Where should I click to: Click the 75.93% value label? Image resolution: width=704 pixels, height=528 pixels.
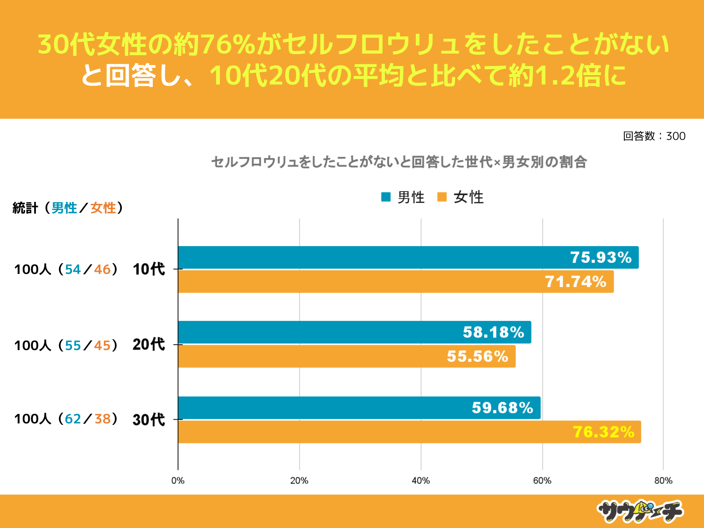click(601, 257)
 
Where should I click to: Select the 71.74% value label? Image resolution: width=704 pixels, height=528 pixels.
click(576, 282)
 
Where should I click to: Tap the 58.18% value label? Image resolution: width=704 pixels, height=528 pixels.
click(493, 332)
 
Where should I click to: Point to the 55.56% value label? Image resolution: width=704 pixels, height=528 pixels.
click(477, 356)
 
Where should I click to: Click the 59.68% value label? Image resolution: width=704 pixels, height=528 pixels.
click(503, 408)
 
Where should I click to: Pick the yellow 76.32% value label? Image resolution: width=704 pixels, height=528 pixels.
click(603, 432)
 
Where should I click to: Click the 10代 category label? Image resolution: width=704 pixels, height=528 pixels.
click(149, 269)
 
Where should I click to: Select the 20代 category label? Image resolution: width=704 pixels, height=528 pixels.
click(149, 345)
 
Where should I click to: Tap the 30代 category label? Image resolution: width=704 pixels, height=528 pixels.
click(149, 420)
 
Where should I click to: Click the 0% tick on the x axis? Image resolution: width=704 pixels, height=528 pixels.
click(178, 481)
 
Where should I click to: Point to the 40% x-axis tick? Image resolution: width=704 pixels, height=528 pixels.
click(421, 481)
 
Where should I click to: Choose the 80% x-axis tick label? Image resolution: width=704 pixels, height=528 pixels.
click(663, 481)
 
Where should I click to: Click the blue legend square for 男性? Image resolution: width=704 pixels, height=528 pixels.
click(386, 197)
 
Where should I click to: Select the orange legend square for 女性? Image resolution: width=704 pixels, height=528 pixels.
click(442, 197)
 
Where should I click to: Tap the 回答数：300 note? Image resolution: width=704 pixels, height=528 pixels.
click(654, 136)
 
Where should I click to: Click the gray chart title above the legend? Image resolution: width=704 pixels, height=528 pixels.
click(399, 162)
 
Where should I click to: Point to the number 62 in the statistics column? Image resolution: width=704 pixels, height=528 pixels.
click(73, 419)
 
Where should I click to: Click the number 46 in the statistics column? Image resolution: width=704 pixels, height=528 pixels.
click(102, 270)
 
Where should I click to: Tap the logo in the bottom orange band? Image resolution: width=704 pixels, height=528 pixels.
click(640, 511)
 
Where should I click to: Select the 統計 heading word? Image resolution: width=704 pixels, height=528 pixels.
click(25, 208)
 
